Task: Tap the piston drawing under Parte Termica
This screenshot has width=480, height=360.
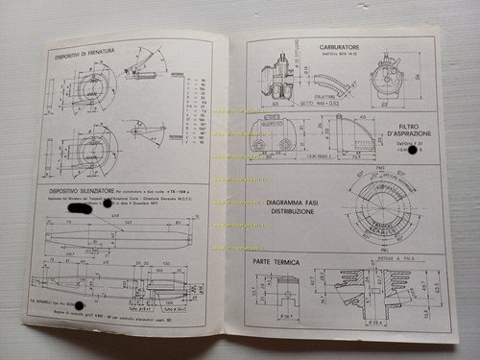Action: [288, 297]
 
